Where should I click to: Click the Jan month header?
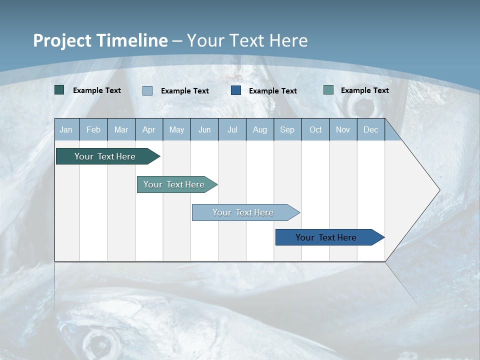(66, 130)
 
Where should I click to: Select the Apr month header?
(148, 130)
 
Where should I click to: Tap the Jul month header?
(232, 130)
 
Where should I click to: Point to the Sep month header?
(287, 130)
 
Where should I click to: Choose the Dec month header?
(370, 130)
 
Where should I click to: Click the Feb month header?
(93, 130)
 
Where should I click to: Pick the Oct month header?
(315, 130)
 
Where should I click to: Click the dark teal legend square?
(59, 90)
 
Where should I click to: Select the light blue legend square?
(147, 90)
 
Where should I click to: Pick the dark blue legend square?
(236, 90)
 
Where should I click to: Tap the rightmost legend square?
(328, 90)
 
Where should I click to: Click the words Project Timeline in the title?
(100, 40)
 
